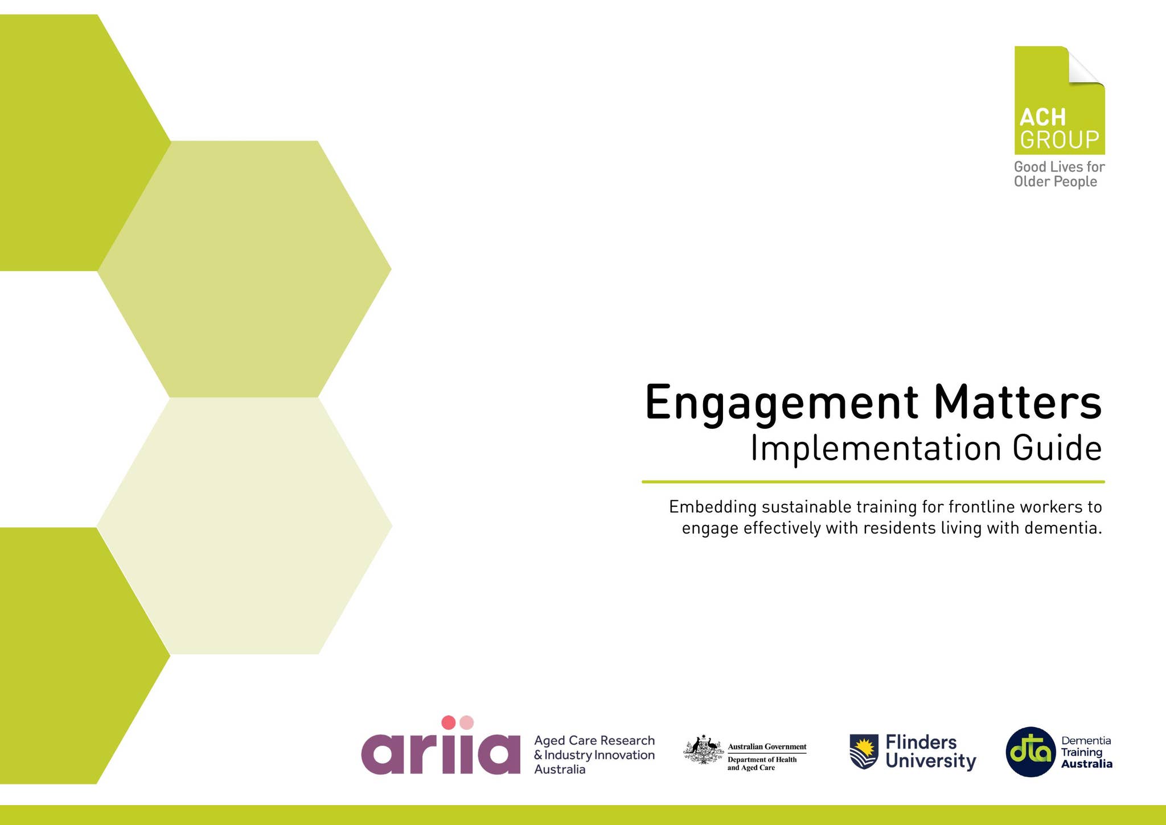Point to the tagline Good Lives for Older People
pos(1058,174)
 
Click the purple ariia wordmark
pos(440,753)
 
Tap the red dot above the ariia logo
pos(449,723)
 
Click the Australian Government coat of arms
pos(703,750)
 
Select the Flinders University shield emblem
pos(864,752)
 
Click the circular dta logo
pos(1031,752)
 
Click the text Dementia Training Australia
pos(1086,752)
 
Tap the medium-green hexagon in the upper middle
pos(245,269)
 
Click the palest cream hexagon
pos(245,525)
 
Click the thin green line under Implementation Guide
pos(873,482)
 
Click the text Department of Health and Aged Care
pos(762,764)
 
